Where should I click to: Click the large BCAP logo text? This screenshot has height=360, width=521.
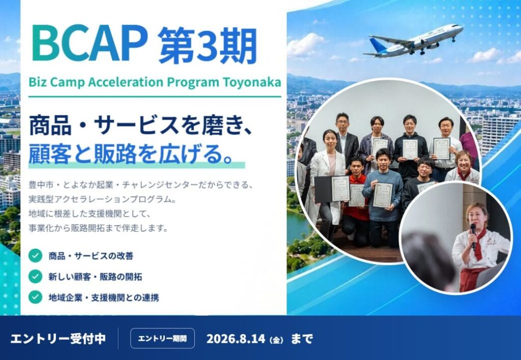click(x=90, y=44)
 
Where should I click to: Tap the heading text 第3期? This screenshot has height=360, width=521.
click(x=208, y=46)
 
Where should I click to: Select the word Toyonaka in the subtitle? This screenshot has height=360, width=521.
click(x=252, y=82)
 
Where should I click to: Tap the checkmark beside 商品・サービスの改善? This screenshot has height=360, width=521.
click(x=35, y=256)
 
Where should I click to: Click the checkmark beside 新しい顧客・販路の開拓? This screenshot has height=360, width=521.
click(x=35, y=276)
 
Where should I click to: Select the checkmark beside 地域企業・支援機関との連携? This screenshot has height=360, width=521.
click(x=35, y=297)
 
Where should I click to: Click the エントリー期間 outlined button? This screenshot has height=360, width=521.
click(x=162, y=339)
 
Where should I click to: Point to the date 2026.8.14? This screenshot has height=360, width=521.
click(x=236, y=339)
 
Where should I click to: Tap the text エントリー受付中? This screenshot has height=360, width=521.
click(x=58, y=339)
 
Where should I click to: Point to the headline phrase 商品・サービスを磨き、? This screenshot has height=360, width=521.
click(x=140, y=126)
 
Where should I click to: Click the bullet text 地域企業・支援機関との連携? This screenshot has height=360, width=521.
click(x=104, y=297)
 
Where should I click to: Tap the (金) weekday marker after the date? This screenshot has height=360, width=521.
click(x=276, y=340)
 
